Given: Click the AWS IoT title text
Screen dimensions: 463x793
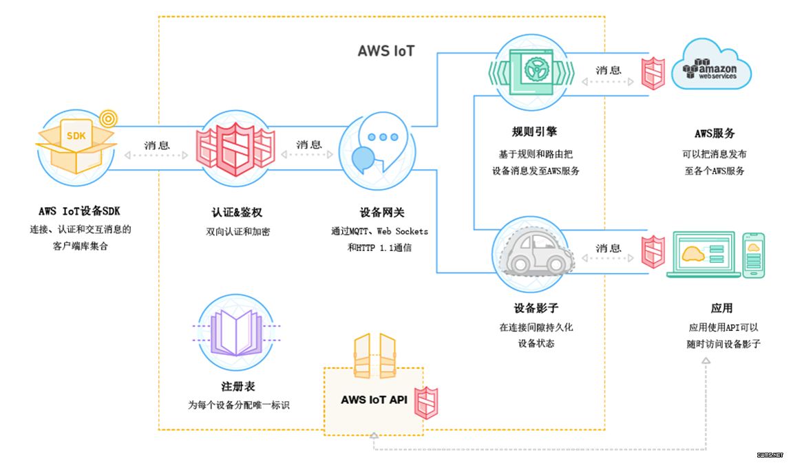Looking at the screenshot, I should point(386,51).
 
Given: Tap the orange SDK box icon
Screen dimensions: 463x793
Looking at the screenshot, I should point(74,144).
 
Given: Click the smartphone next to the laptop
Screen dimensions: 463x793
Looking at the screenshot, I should point(754,254).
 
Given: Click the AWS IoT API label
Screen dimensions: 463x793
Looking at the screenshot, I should point(373,400).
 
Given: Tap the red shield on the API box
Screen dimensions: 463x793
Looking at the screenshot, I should point(425,402).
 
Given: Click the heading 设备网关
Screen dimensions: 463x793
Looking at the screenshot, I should point(377,213).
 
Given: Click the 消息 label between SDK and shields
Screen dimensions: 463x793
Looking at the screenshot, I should point(157,145).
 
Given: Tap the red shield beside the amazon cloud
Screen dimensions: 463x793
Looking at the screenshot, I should point(653,72).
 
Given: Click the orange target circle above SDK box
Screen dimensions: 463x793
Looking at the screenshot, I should point(107,118).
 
